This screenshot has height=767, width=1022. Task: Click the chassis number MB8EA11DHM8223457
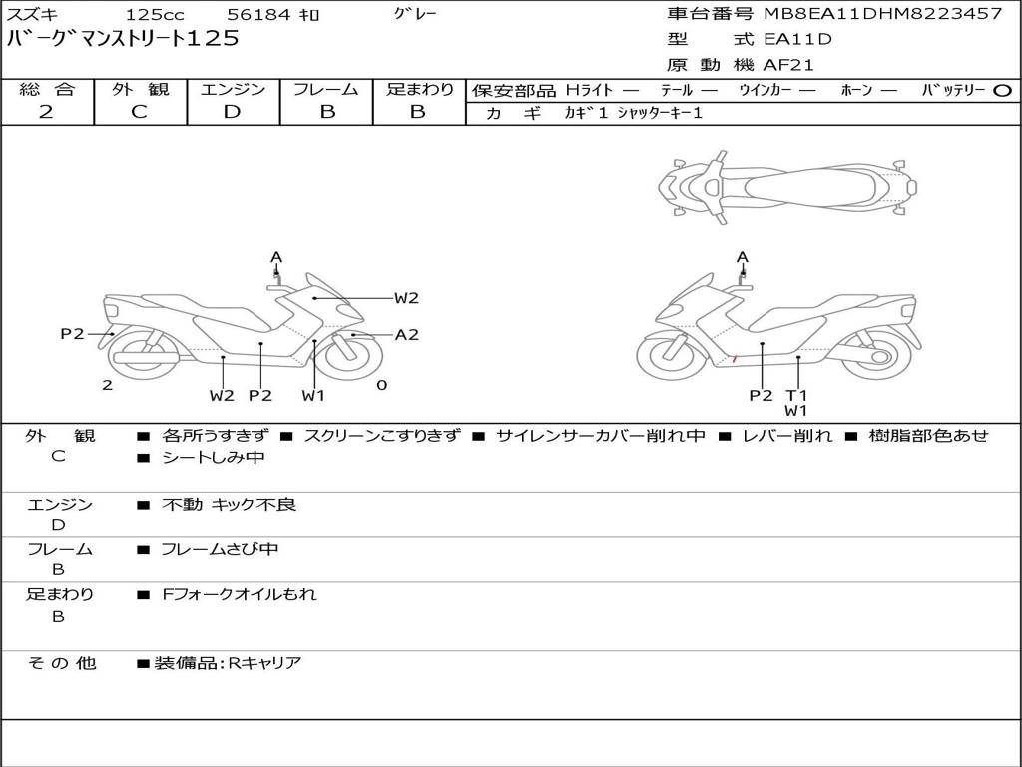(x=882, y=14)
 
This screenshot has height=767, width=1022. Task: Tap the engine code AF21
(x=788, y=65)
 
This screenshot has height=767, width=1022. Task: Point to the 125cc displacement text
(x=153, y=15)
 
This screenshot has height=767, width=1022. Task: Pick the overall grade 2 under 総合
(x=46, y=112)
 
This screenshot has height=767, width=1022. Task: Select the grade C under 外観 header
(x=139, y=112)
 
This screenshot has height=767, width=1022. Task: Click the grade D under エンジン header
(x=232, y=112)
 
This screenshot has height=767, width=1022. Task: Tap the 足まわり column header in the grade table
(x=419, y=89)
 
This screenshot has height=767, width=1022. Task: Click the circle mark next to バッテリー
(x=1003, y=90)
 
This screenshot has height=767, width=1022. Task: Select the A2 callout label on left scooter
(x=407, y=335)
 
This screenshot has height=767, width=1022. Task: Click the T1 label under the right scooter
(x=795, y=395)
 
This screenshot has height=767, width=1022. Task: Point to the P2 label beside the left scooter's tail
(x=72, y=334)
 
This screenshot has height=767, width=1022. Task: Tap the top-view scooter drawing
(x=786, y=185)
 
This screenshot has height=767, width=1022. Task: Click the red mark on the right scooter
(x=735, y=358)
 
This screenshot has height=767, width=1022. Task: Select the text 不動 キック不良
(x=230, y=505)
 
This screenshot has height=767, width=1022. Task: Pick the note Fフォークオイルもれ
(x=240, y=594)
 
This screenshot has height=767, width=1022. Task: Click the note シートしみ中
(x=213, y=458)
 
